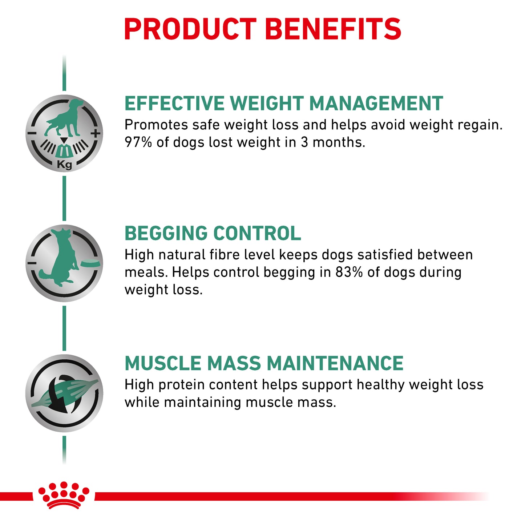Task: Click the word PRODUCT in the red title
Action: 190,29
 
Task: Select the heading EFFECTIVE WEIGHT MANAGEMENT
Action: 283,104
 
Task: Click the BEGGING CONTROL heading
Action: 213,233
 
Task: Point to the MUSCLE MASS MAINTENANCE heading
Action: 264,363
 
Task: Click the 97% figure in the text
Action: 138,142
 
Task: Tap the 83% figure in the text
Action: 349,272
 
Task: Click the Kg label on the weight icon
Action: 64,165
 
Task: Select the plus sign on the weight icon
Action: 96,134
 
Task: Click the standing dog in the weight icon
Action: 64,116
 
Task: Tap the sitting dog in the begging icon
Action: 62,258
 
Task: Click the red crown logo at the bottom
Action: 64,495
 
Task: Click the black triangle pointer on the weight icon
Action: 64,140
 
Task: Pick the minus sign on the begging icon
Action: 32,263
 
